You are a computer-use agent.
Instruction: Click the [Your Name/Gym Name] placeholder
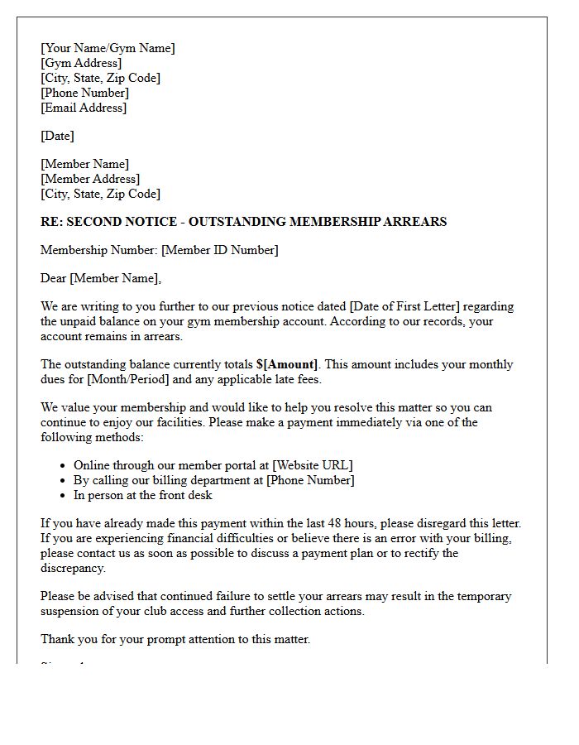(108, 48)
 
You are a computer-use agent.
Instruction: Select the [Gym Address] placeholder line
(81, 63)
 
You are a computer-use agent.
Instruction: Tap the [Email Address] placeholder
(84, 108)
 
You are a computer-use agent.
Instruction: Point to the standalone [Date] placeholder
(57, 136)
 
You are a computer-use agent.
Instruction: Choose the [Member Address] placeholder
(90, 179)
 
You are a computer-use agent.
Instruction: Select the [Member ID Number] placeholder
(219, 250)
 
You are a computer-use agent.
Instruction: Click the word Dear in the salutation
(54, 278)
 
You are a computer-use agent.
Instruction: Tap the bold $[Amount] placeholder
(287, 364)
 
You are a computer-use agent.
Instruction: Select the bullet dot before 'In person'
(63, 495)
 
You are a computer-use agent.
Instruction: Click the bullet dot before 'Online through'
(63, 465)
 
